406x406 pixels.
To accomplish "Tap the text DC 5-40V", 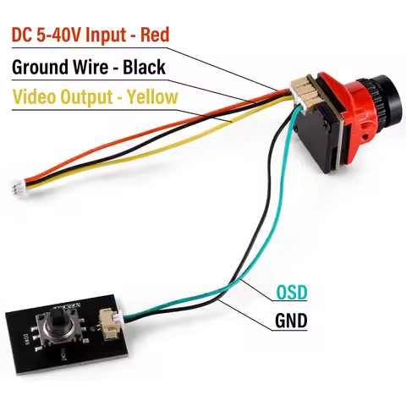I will [43, 35].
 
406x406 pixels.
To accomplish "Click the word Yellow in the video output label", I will [150, 96].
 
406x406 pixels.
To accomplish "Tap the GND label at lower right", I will [291, 321].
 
